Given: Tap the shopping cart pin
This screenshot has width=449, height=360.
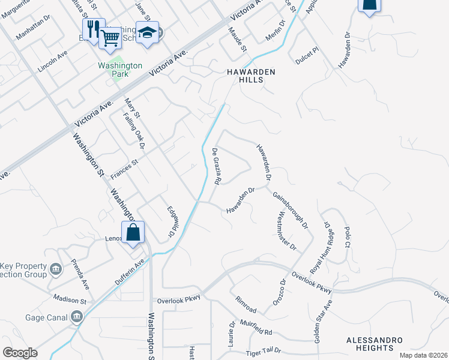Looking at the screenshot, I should (x=110, y=37).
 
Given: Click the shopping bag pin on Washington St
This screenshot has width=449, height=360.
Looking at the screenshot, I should (x=133, y=232).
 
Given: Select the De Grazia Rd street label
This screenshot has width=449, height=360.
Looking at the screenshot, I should (x=215, y=166).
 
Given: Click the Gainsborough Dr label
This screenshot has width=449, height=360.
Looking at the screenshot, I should (x=291, y=211).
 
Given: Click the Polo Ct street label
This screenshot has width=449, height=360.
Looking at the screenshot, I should (x=346, y=237).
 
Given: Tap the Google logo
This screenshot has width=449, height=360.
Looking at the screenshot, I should (x=20, y=353).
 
